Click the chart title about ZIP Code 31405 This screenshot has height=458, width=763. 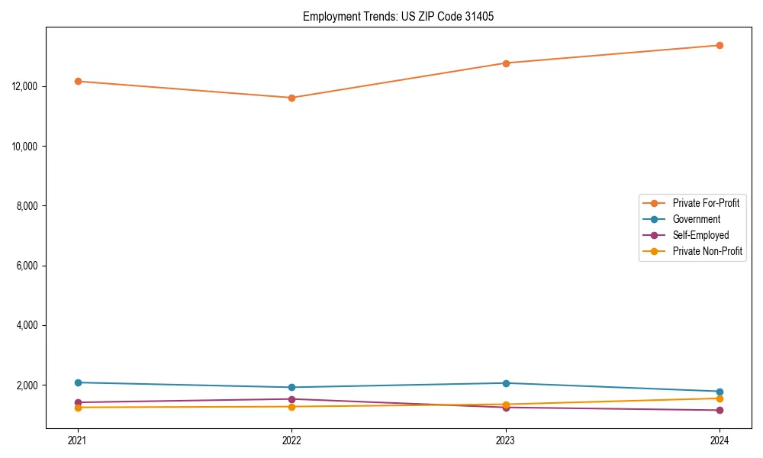tap(398, 16)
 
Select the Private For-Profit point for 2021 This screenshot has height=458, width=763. tap(78, 81)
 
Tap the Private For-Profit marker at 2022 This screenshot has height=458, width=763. tap(291, 98)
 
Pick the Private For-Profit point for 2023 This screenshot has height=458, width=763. tap(506, 63)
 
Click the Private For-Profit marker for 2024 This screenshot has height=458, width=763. tap(720, 45)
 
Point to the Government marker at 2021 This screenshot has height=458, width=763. tap(78, 382)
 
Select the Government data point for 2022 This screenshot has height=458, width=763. tap(291, 387)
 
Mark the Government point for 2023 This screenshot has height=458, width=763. tap(506, 383)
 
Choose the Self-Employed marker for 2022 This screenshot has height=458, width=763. tap(291, 399)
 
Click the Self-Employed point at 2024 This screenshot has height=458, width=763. tap(720, 411)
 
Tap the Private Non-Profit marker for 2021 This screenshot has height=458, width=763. tap(78, 408)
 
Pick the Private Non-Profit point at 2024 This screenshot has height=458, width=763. tap(720, 398)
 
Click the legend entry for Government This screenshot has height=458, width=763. tap(696, 219)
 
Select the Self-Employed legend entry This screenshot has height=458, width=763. tap(700, 235)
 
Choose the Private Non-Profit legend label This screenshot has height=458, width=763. tap(707, 251)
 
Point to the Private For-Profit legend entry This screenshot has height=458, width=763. tap(706, 203)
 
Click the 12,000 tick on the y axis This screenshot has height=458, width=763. tap(27, 86)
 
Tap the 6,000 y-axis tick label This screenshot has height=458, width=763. tap(29, 266)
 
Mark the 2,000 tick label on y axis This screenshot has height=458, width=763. tap(29, 385)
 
